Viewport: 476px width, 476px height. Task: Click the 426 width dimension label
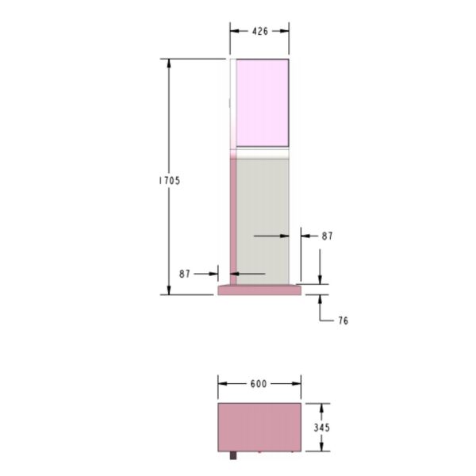[x=260, y=31]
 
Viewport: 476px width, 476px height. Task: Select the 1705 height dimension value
[x=170, y=181]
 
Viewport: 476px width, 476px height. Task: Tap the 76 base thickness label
[x=344, y=321]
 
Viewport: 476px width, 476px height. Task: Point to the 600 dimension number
[x=259, y=384]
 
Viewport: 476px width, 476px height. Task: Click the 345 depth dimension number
[x=322, y=428]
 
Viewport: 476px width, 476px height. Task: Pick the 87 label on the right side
[x=327, y=236]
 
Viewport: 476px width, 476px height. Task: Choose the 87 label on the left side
[x=185, y=274]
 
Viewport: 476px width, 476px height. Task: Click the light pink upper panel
[x=263, y=103]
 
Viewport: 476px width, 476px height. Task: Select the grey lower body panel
[x=263, y=221]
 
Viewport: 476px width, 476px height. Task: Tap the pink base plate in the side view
[x=259, y=290]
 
